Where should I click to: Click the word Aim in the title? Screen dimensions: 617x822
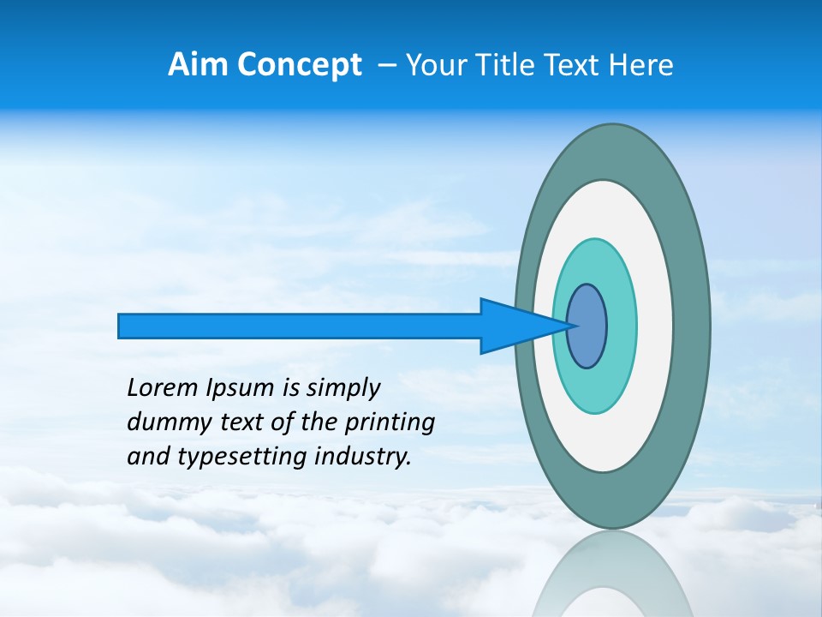coord(198,65)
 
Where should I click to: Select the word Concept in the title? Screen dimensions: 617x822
coord(299,65)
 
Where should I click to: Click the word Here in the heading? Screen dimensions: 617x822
coord(641,65)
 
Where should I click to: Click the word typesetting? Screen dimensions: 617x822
coord(241,458)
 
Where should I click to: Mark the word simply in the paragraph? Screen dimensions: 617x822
coord(342,389)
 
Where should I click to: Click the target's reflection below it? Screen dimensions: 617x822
coord(612,578)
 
